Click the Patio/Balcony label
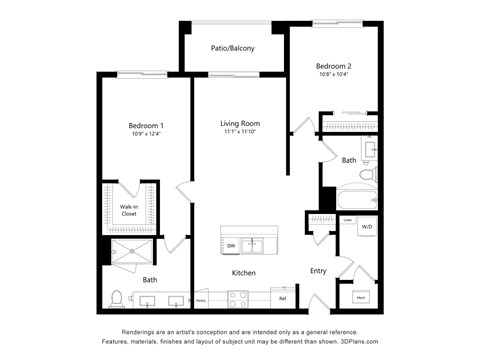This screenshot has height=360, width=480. click(232, 48)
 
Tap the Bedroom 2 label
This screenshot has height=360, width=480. click(334, 67)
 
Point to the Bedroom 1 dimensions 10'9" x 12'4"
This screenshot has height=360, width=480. click(145, 135)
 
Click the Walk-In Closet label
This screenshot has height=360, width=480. click(129, 211)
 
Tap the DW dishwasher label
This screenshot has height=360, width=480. click(231, 244)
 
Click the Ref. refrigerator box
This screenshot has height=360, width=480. click(282, 298)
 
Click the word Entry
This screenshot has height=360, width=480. click(318, 270)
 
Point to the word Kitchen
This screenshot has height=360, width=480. click(244, 273)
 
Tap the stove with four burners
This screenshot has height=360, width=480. click(238, 297)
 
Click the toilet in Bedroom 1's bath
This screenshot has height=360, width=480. click(118, 297)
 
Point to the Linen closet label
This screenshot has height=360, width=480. click(347, 220)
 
